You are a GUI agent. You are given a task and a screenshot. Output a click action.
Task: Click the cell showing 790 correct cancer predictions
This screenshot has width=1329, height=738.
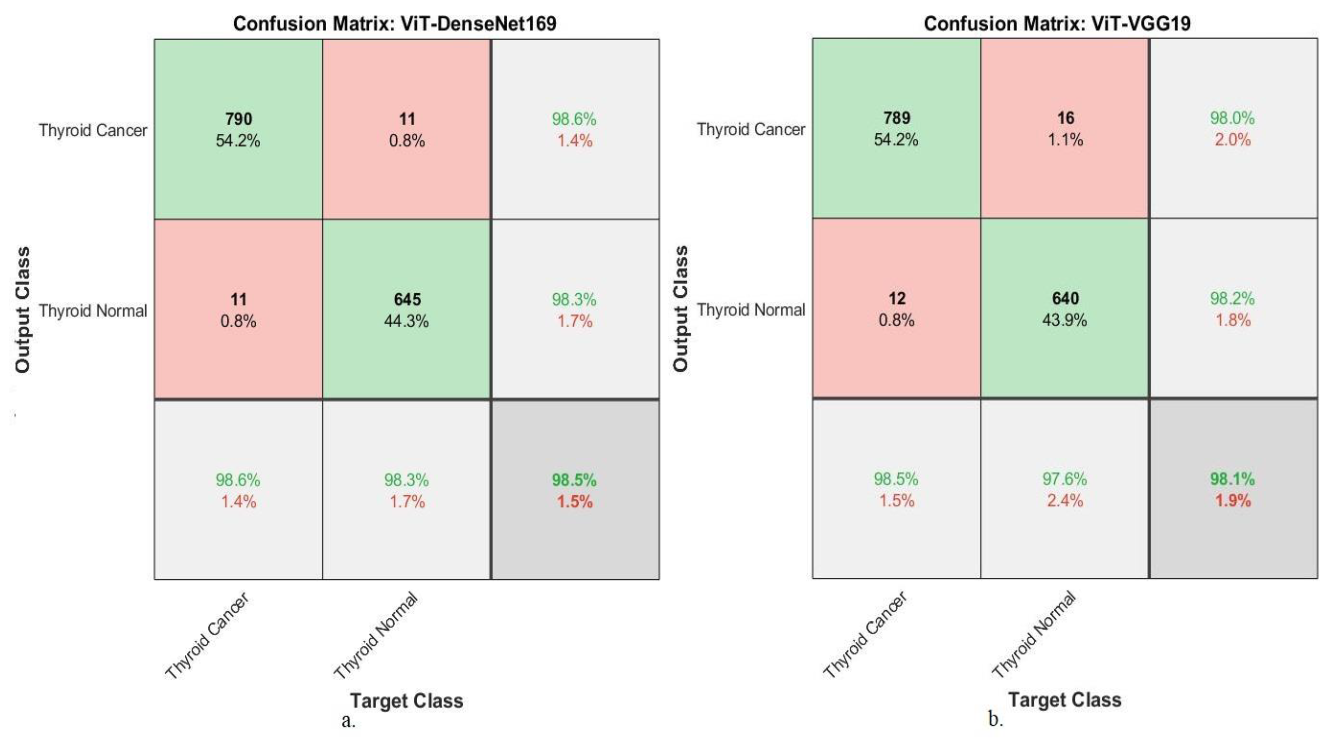[238, 129]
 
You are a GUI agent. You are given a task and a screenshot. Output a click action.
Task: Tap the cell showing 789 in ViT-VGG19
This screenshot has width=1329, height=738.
[897, 128]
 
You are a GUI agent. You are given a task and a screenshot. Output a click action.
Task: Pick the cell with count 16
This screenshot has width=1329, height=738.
[1065, 128]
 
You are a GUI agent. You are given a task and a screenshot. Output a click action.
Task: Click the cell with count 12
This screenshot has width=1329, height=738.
[897, 308]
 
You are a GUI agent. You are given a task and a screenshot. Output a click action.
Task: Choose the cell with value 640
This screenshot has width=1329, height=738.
[1065, 308]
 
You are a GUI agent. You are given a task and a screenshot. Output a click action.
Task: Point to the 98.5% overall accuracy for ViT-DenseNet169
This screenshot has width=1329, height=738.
[574, 480]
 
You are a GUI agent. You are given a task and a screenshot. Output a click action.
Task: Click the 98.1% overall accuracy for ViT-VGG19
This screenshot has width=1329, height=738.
[1232, 479]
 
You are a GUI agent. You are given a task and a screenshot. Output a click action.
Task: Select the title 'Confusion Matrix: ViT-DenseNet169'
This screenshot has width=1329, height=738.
[395, 24]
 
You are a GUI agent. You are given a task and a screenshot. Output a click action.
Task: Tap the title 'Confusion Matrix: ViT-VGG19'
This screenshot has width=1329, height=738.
[1057, 24]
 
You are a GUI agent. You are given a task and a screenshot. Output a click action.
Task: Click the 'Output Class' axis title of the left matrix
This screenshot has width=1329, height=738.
[22, 310]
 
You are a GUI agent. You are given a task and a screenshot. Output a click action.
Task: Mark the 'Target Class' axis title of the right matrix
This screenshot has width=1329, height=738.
[1065, 700]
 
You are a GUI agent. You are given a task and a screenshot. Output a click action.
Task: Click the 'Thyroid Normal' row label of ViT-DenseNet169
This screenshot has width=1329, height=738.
[93, 311]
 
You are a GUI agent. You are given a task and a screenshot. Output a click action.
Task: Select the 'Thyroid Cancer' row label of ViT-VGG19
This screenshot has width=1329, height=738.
[751, 129]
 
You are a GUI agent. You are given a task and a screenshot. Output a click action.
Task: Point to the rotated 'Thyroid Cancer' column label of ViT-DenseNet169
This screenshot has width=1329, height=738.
[207, 635]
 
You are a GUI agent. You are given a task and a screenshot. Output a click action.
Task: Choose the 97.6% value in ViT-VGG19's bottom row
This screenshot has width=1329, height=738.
[1064, 479]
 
